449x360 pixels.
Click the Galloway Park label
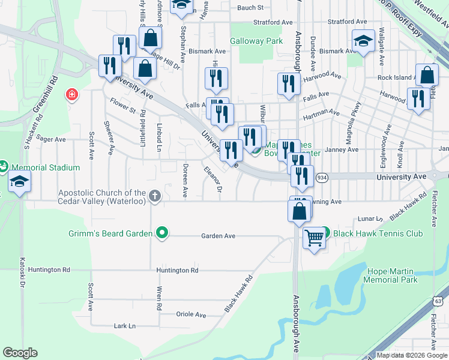click(256, 41)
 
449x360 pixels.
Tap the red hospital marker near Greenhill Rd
click(72, 95)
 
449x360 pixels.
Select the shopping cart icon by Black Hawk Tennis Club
click(314, 238)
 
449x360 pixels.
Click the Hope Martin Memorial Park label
click(391, 276)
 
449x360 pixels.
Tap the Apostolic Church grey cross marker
click(155, 196)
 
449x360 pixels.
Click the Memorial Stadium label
click(45, 167)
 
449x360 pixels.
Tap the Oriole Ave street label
click(191, 314)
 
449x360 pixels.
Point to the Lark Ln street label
click(125, 326)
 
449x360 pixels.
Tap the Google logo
click(20, 353)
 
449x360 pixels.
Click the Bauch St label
click(250, 8)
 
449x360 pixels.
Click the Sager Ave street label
click(51, 139)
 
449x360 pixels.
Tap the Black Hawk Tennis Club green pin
click(325, 232)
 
